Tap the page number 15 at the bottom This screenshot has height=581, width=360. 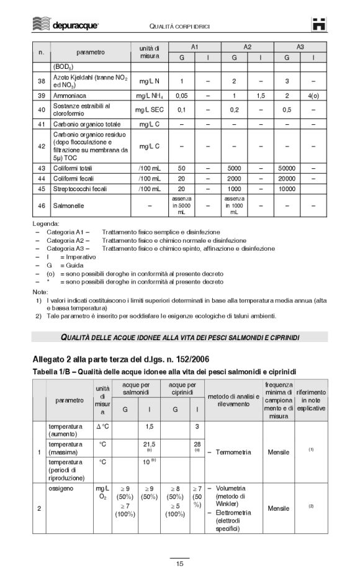coord(179,564)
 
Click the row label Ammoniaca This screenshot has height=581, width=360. coord(70,96)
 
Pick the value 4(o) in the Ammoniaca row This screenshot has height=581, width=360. coord(313,96)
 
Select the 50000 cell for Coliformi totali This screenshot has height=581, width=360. coord(287,168)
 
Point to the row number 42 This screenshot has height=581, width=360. coord(41,146)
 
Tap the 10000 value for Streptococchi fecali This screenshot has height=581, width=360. coord(287,188)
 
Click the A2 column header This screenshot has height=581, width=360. coord(247,47)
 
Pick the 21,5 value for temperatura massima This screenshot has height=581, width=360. coord(149,444)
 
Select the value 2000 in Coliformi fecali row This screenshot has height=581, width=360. coord(234,178)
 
